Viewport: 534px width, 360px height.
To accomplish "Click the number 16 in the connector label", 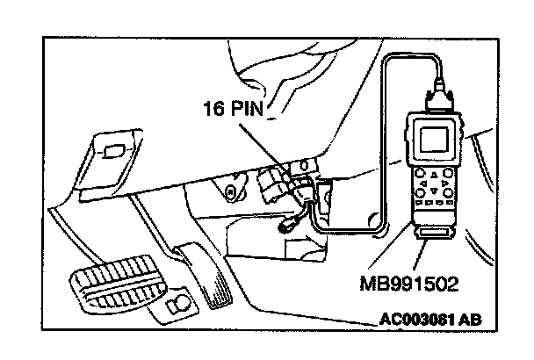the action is (214, 109).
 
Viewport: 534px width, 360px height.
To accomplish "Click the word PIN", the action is (247, 109).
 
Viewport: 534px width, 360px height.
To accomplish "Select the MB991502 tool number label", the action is (409, 284).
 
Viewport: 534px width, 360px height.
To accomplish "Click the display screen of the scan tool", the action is (434, 140).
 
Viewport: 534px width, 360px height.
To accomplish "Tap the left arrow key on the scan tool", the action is (423, 184).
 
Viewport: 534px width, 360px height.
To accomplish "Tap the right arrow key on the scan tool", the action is (444, 184).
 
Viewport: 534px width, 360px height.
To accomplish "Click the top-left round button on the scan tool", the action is (421, 173).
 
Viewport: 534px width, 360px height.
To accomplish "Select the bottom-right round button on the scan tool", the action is (449, 193).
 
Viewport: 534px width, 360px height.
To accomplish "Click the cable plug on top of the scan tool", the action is (439, 97).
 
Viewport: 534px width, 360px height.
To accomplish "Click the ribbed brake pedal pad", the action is (118, 283).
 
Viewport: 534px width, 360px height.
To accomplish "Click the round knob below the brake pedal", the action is (179, 301).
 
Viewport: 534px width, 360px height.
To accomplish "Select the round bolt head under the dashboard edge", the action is (231, 191).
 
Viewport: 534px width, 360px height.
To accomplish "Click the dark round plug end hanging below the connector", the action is (285, 227).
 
